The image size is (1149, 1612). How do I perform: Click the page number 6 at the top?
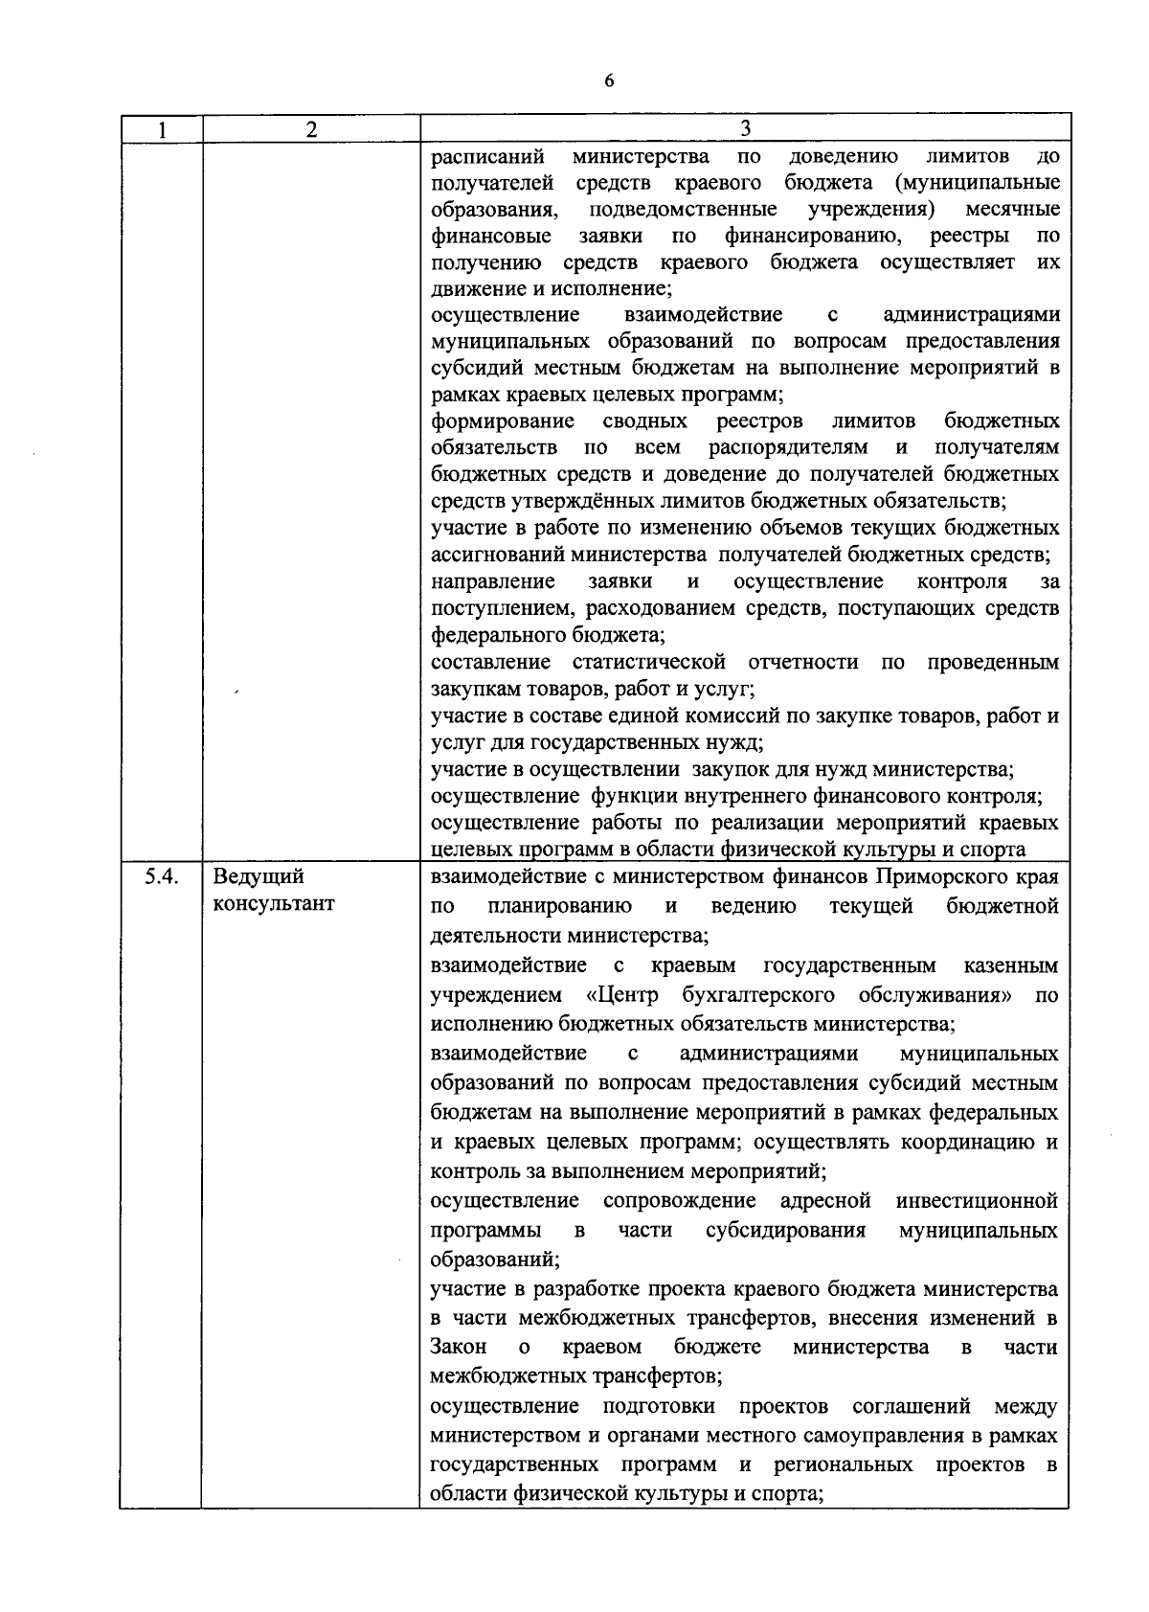pyautogui.click(x=609, y=80)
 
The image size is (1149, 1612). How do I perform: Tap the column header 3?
pyautogui.click(x=745, y=129)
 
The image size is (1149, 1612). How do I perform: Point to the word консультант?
pyautogui.click(x=274, y=904)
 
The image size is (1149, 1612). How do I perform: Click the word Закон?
pyautogui.click(x=459, y=1347)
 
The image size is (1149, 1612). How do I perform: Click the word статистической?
pyautogui.click(x=648, y=662)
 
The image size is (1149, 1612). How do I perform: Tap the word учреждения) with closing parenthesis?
pyautogui.click(x=871, y=209)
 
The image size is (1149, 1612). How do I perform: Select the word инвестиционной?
pyautogui.click(x=977, y=1200)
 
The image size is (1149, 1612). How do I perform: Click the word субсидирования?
pyautogui.click(x=785, y=1230)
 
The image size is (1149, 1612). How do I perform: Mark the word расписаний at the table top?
pyautogui.click(x=487, y=156)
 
